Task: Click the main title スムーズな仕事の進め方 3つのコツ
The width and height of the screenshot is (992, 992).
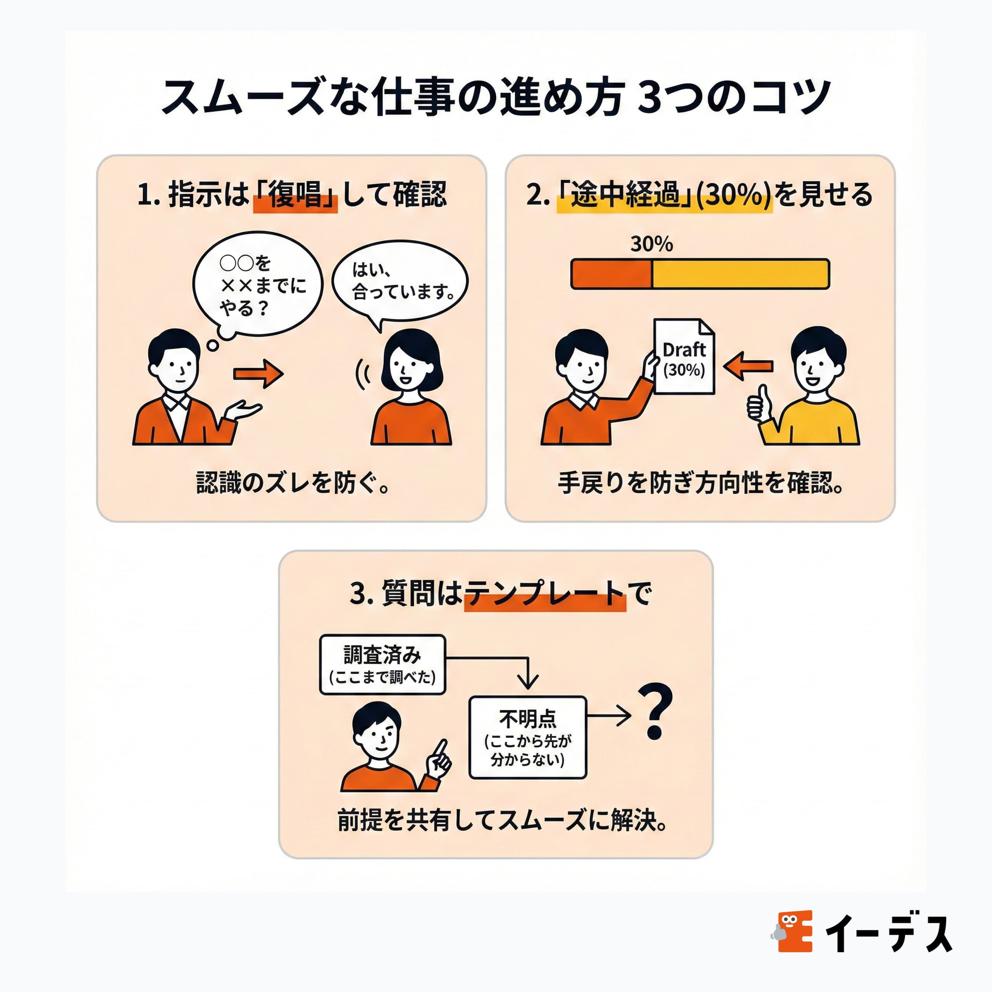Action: (496, 96)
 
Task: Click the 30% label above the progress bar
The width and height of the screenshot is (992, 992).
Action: (651, 244)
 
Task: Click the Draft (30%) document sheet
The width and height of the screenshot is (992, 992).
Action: (684, 358)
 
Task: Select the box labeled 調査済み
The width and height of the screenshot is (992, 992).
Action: (382, 665)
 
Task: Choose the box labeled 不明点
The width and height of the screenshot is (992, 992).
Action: (527, 737)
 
